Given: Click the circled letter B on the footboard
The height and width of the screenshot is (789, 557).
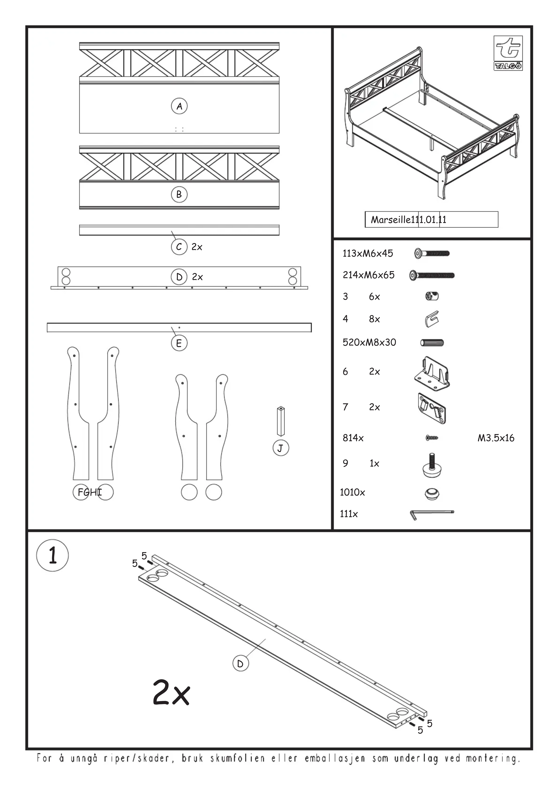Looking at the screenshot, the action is coord(179,195).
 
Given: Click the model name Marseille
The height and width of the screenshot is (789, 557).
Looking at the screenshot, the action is coord(391,220).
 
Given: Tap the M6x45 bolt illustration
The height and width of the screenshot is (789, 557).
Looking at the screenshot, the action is coord(432,254).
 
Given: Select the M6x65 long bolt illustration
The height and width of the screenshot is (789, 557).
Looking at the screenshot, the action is coord(432,275).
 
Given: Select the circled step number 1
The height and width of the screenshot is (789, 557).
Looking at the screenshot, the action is coord(53,556).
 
